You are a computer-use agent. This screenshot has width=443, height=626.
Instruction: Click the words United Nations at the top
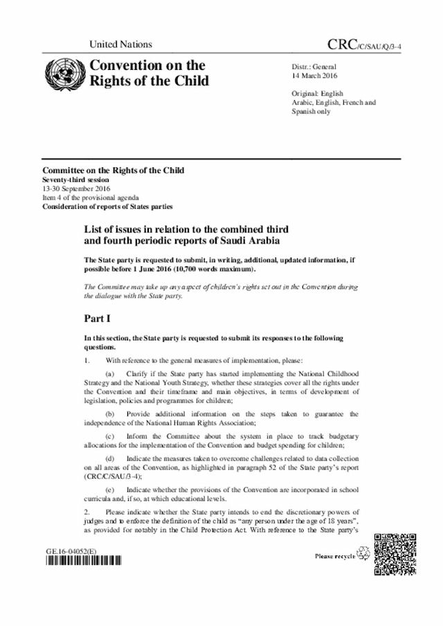(120, 44)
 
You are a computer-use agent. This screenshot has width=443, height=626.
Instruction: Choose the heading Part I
(100, 320)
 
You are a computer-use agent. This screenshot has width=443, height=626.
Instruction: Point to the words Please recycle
(335, 555)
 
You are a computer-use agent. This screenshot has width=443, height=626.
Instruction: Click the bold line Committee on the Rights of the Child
(113, 170)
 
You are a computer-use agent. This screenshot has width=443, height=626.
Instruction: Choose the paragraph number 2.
(86, 519)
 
